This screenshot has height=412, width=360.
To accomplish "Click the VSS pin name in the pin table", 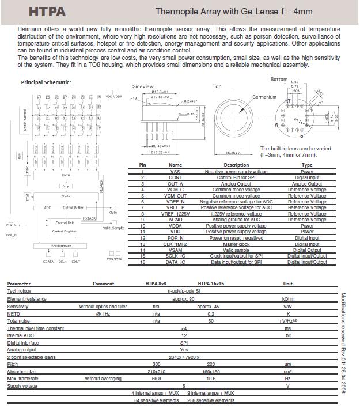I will (175, 172).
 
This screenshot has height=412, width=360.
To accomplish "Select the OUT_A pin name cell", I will (175, 183).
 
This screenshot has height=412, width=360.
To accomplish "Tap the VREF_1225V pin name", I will (175, 214).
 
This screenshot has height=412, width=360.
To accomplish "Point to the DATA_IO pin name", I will (175, 262).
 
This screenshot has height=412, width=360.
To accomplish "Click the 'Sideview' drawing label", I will (143, 86).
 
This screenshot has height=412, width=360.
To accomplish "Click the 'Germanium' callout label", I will (264, 97).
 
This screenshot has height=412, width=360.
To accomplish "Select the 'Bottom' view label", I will (279, 79).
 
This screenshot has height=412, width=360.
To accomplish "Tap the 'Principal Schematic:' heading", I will (46, 82).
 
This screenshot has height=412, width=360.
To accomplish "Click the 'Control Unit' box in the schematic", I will (65, 222).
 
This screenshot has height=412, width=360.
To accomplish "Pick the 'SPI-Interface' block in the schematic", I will (60, 246).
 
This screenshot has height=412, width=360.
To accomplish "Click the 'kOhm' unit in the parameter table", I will (288, 298).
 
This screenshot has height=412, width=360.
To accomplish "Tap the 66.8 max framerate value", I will (156, 379).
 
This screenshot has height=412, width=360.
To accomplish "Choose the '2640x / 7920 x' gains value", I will (184, 357).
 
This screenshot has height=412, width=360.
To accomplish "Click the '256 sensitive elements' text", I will (211, 400).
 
